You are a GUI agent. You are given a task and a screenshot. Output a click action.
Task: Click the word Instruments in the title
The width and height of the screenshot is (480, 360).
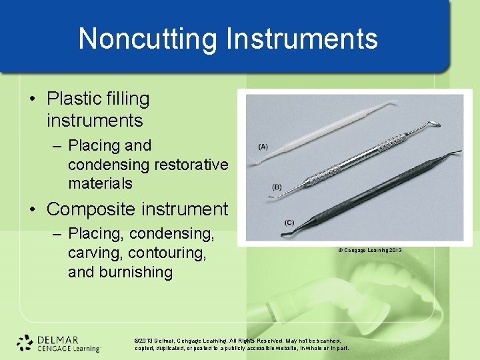(x=302, y=39)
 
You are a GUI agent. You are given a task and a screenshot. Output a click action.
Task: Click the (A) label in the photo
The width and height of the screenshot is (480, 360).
(x=263, y=147)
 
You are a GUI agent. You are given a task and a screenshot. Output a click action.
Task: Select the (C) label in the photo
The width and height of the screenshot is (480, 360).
(x=288, y=222)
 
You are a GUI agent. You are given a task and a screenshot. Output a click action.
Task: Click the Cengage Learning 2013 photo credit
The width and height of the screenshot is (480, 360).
(x=369, y=251)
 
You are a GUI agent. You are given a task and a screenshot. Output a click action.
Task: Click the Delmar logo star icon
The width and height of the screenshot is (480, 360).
(x=25, y=342)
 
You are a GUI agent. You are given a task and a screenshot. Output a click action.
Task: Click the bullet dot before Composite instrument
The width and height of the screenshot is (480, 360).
(x=33, y=209)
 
